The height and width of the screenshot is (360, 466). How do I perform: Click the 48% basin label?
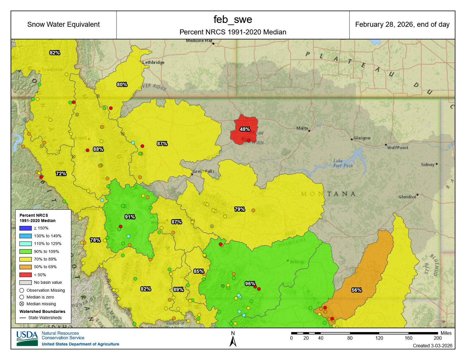pos(245,129)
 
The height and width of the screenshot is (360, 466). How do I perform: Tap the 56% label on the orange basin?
pos(357,290)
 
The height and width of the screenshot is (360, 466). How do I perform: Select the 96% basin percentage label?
pos(250,284)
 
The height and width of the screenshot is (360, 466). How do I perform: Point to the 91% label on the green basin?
pos(130,217)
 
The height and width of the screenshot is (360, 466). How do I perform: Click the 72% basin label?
pos(61,174)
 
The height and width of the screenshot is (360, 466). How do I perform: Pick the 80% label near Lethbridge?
pos(122,84)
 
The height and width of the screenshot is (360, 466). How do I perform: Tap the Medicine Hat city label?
pos(199,41)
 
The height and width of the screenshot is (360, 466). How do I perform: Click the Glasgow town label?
pos(362,138)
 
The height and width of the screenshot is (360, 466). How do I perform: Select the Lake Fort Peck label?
pos(343,163)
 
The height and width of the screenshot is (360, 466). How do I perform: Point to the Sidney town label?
pos(427,164)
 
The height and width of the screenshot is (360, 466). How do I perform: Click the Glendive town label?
pos(407,197)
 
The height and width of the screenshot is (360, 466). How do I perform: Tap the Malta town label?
pos(302,128)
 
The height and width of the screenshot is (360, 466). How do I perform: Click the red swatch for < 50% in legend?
pos(25,275)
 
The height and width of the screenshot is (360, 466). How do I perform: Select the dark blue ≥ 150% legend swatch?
pos(25,228)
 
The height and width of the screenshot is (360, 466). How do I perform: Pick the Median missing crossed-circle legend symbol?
pos(22,304)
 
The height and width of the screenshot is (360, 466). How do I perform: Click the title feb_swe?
pos(233,19)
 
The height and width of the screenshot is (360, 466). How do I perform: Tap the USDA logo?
pos(27,338)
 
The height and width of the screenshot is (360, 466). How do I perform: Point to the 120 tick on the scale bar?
pos(379,338)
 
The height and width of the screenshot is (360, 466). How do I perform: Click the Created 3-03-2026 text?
pos(432,346)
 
